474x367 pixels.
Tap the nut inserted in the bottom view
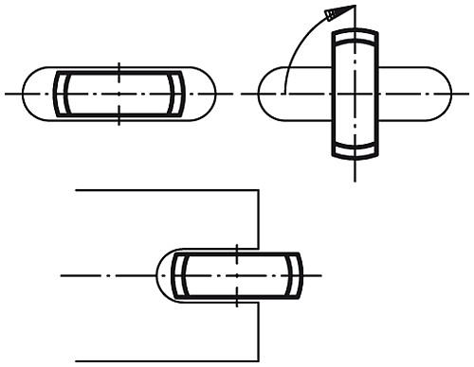tap(237, 274)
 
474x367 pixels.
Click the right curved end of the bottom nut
tap(297, 274)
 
